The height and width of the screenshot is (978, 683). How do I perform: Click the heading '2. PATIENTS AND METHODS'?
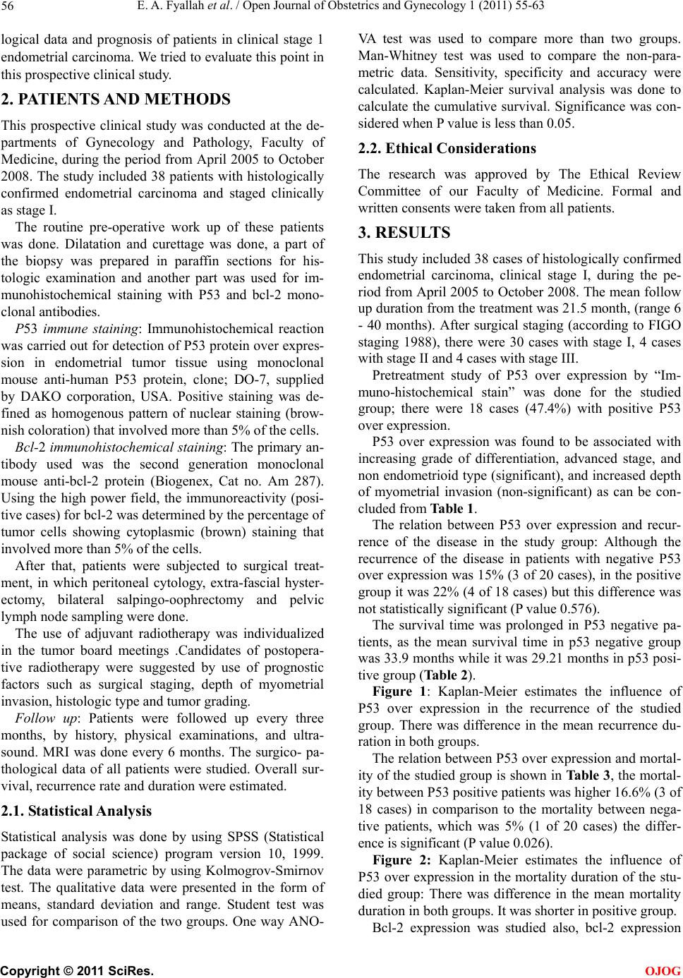click(x=116, y=99)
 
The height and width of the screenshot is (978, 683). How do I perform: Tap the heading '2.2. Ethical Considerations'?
click(x=447, y=148)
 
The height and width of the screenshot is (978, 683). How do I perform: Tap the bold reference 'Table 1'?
click(x=452, y=508)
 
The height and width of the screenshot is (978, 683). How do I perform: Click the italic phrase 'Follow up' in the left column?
click(x=42, y=718)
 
